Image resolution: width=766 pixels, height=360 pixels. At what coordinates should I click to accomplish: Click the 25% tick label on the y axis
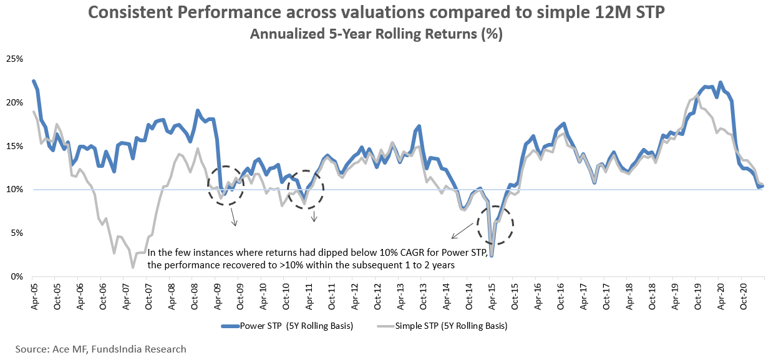coord(14,59)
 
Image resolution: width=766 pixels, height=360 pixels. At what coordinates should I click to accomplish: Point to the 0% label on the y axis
coord(16,276)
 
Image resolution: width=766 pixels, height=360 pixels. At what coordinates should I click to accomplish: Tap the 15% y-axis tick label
coord(14,146)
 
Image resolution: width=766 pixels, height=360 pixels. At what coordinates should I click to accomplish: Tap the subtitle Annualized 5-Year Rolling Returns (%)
coord(376,34)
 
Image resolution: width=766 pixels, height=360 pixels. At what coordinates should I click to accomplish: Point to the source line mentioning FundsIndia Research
coord(101,349)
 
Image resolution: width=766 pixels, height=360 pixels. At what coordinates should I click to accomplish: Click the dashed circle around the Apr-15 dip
coord(495,225)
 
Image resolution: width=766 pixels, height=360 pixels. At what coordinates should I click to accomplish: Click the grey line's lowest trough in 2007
coord(133,267)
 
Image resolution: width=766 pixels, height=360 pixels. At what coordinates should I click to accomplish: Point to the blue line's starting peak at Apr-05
coord(34,81)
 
